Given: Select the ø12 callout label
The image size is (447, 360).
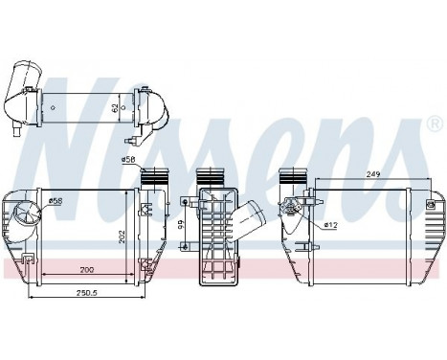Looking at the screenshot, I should pyautogui.click(x=332, y=225).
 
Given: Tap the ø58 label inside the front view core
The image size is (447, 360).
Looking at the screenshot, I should pyautogui.click(x=56, y=201).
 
